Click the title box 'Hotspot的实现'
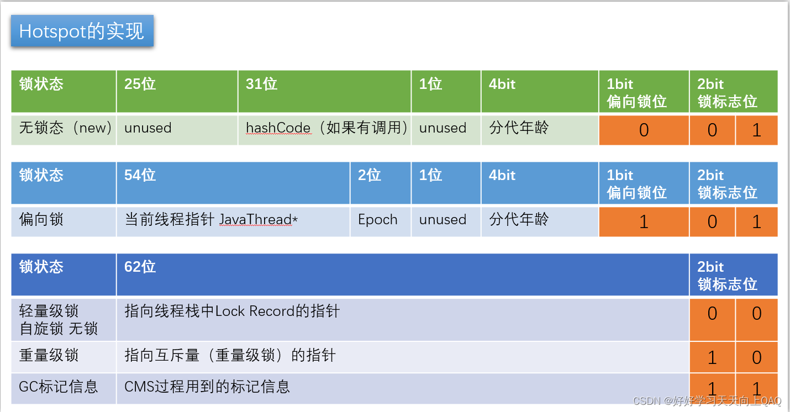[82, 31]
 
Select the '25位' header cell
[177, 91]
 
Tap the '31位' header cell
[324, 91]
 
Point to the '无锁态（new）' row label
[64, 129]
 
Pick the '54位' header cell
[233, 183]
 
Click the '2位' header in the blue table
[381, 183]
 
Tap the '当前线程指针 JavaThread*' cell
[233, 220]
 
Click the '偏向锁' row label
[64, 220]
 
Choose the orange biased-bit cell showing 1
[644, 221]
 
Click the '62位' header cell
[402, 274]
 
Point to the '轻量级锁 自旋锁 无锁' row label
[64, 320]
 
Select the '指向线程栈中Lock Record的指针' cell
[402, 319]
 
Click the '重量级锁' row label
[64, 356]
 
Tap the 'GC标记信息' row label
[64, 387]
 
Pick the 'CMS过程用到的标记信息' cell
[402, 387]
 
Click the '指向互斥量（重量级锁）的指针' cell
[402, 356]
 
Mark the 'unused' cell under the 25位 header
[177, 129]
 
